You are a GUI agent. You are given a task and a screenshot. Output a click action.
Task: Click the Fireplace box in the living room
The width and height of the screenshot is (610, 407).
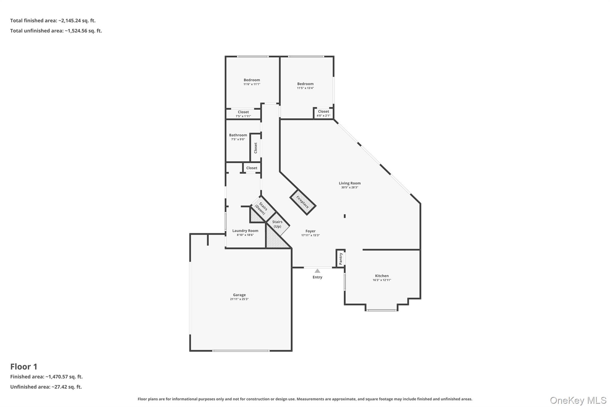[x=303, y=202]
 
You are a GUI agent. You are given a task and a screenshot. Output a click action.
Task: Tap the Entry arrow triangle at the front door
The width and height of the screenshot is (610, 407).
[x=318, y=271]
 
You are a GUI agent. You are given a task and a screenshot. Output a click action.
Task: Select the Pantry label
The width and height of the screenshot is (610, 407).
[x=341, y=259]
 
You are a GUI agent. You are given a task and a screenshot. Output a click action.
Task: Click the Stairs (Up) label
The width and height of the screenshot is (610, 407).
[x=277, y=224]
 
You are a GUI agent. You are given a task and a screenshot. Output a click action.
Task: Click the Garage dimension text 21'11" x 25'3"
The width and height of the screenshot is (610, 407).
[x=239, y=299]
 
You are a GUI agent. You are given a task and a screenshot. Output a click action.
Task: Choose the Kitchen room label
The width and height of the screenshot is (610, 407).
[x=382, y=276]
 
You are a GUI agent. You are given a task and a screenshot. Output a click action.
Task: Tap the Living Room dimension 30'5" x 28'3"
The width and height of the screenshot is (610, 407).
[x=349, y=188]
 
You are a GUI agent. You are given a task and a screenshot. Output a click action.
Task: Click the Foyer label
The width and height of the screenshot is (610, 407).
[x=310, y=231]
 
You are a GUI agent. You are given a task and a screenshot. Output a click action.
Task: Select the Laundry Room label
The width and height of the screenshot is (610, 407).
[x=245, y=231]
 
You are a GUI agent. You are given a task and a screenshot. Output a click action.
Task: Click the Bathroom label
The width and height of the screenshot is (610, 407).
[x=238, y=135]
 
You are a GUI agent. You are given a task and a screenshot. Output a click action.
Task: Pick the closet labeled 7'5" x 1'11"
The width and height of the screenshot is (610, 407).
[x=243, y=114]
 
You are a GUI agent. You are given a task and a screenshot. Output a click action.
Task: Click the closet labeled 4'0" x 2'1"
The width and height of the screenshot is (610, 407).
[x=323, y=113]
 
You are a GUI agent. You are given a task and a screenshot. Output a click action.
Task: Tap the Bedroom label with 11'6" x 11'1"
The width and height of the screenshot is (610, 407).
[x=252, y=80]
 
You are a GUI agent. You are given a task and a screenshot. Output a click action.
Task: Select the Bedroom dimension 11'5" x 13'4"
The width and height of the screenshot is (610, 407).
[x=305, y=88]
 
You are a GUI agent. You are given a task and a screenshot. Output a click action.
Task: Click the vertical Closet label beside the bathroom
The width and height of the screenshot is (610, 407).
[x=256, y=148]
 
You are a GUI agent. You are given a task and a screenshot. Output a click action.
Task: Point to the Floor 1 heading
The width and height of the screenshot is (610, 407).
[x=24, y=366]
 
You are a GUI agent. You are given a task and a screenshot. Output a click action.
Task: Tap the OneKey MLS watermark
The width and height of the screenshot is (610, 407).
[x=578, y=400]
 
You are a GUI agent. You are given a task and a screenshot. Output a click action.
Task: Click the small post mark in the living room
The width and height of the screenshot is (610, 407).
[x=345, y=216]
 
